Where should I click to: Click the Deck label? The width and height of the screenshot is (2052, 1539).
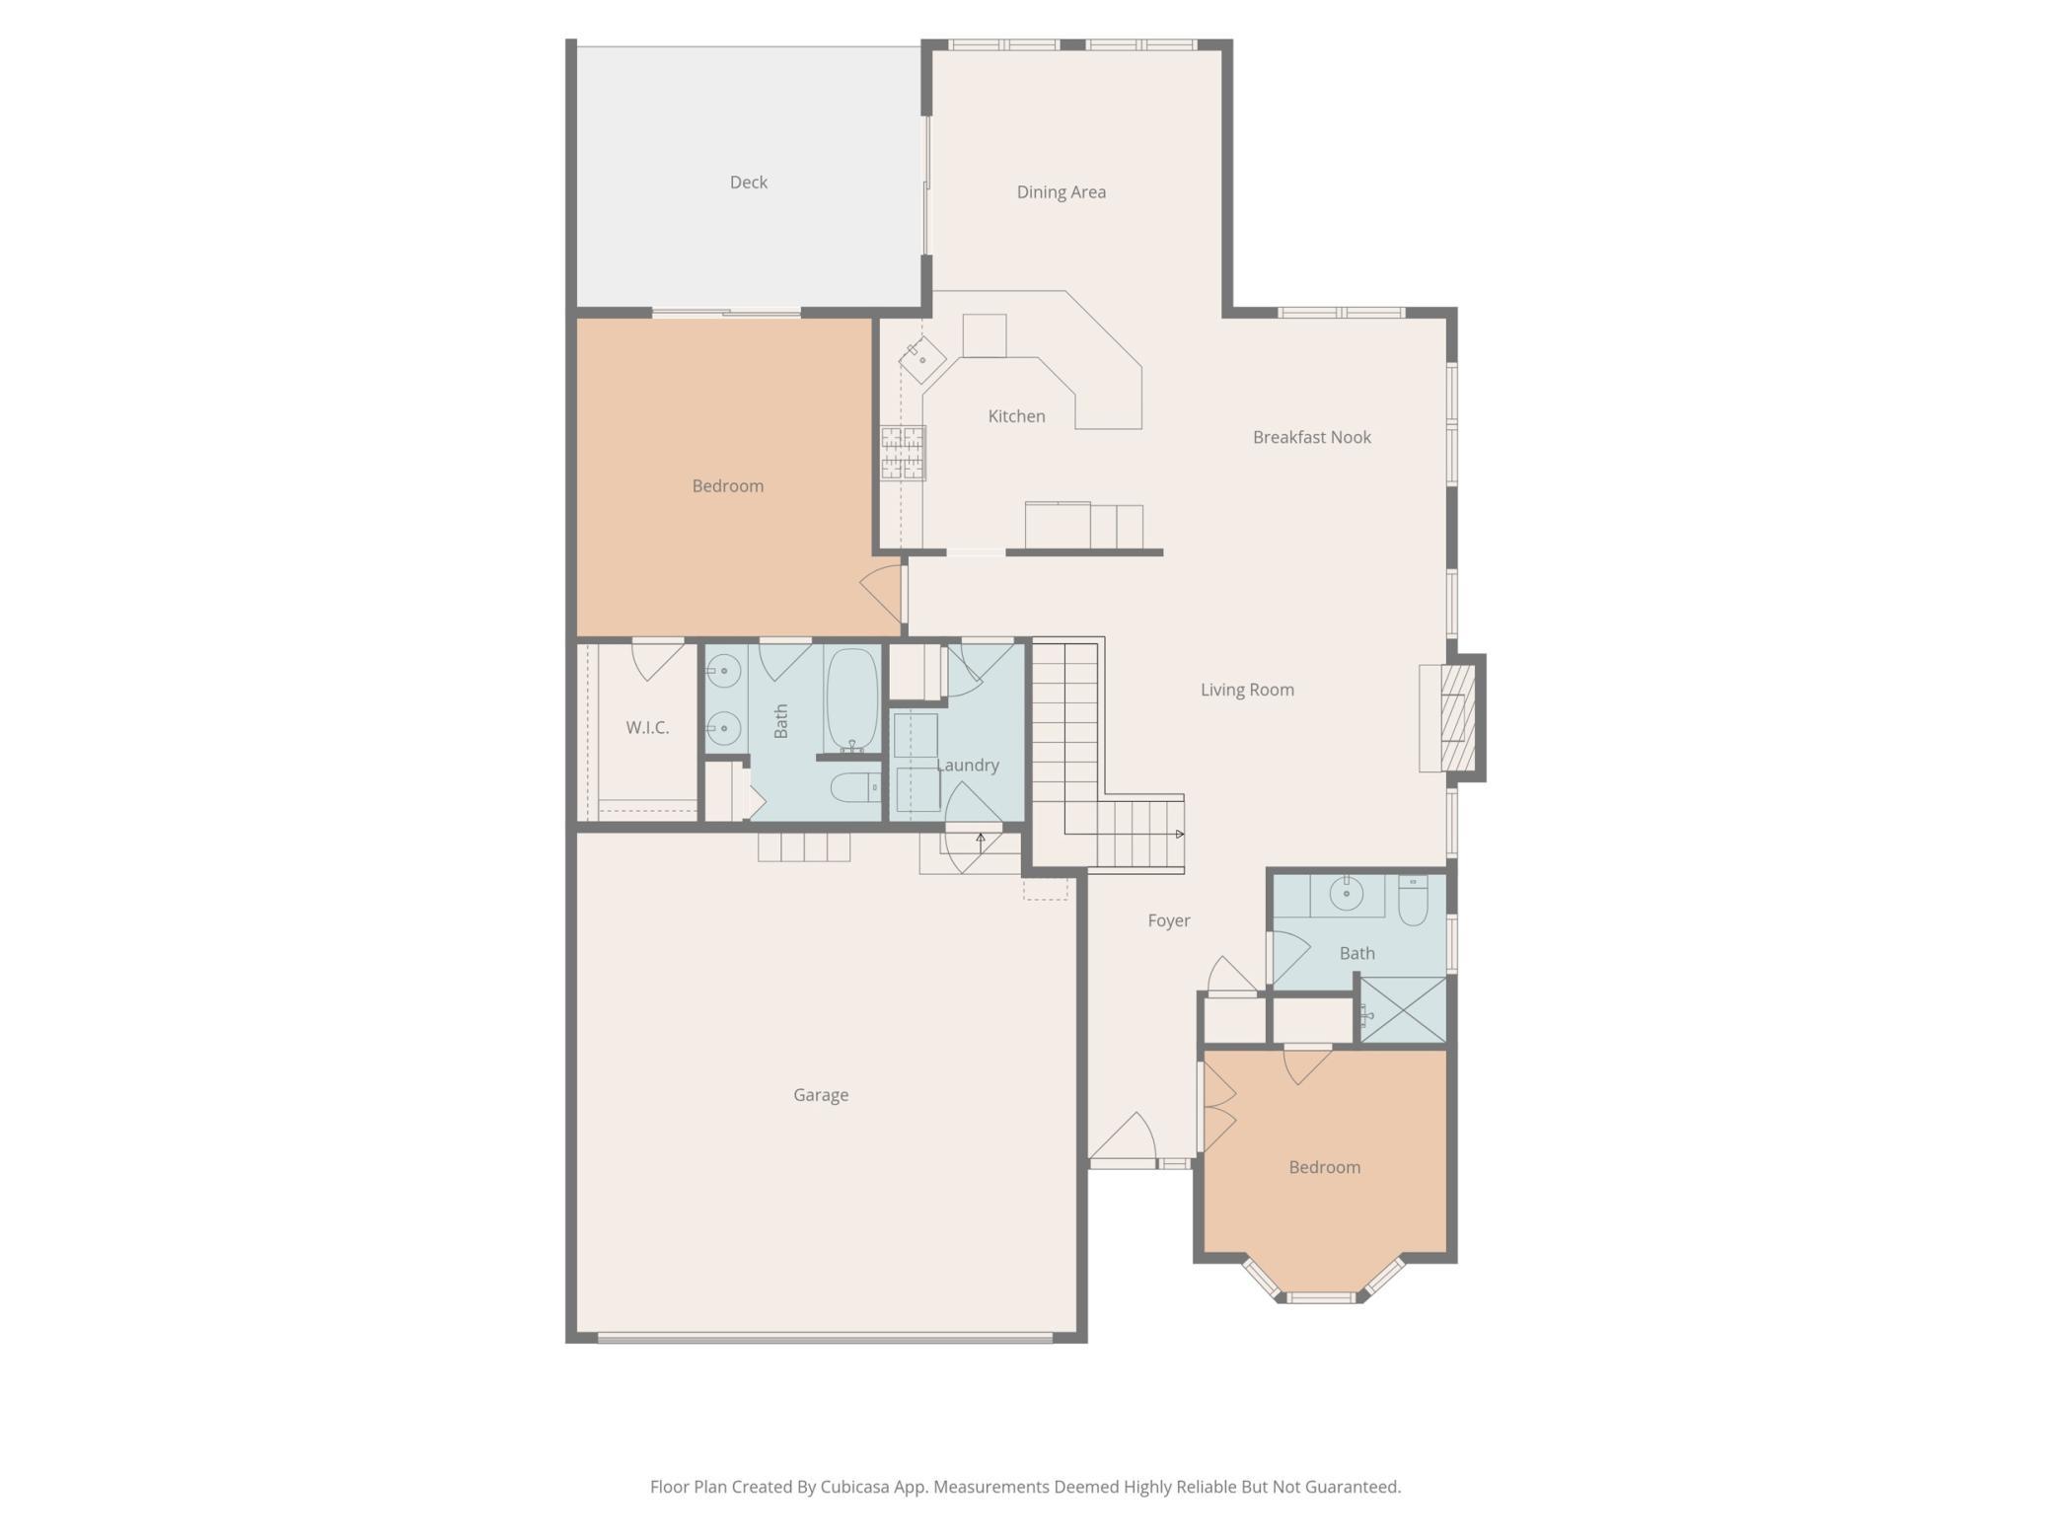click(748, 183)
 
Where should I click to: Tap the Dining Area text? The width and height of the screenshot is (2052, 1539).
click(1061, 192)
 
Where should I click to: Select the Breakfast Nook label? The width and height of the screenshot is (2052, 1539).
click(1311, 437)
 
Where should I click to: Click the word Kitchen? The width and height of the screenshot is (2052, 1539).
click(1016, 416)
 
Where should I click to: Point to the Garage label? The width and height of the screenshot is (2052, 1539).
click(820, 1095)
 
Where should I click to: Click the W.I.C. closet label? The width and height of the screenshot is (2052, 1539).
click(647, 728)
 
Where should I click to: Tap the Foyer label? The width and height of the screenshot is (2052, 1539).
click(1168, 920)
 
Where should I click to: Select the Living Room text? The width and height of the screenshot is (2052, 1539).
click(1247, 690)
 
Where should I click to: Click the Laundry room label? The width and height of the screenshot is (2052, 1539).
click(967, 766)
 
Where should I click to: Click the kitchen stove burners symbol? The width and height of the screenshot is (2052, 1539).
click(903, 453)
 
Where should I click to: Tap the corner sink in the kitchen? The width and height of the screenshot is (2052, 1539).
click(921, 359)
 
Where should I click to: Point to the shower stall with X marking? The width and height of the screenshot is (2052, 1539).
click(1403, 1009)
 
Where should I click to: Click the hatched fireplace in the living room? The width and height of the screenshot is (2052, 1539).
click(1457, 717)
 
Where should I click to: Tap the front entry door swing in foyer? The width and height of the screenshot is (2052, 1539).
click(1125, 1139)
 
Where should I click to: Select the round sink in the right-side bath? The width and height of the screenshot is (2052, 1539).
click(1346, 894)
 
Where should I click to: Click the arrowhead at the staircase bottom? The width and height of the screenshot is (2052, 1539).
click(1180, 835)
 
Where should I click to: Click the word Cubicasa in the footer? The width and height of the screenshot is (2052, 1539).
click(854, 1487)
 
